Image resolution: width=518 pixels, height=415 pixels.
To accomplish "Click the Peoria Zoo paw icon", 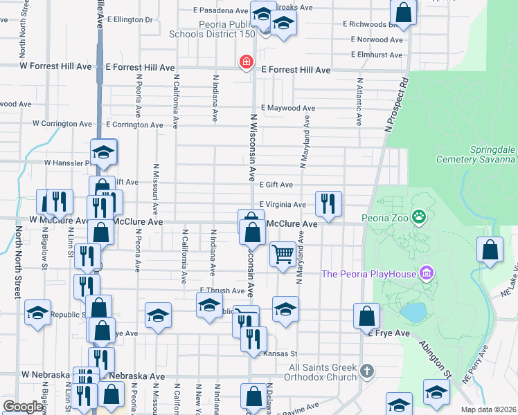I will (418, 218).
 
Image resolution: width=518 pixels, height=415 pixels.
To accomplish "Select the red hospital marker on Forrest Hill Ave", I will (245, 63).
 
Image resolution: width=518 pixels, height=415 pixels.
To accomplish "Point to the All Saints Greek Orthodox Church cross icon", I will (367, 372).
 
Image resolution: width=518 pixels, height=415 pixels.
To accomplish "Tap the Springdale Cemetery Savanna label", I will (474, 154).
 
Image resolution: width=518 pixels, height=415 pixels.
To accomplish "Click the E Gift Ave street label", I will (276, 185).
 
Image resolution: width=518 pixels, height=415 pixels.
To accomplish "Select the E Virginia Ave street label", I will (282, 205).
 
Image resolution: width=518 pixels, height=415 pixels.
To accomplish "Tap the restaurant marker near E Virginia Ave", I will (329, 203).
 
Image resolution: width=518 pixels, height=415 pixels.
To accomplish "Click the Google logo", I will (23, 407).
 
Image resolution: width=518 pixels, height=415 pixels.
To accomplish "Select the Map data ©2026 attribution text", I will (488, 409).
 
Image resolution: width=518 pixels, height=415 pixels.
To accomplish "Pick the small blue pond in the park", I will (413, 313).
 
